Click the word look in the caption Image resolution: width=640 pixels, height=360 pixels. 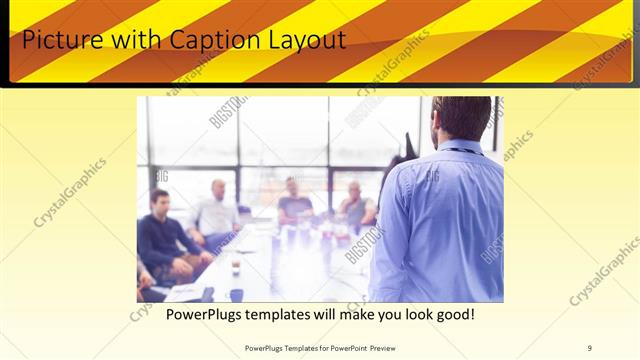(410, 315)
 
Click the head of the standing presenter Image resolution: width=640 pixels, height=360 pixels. (463, 118)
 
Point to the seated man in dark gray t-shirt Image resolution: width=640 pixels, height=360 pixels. (295, 200)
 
